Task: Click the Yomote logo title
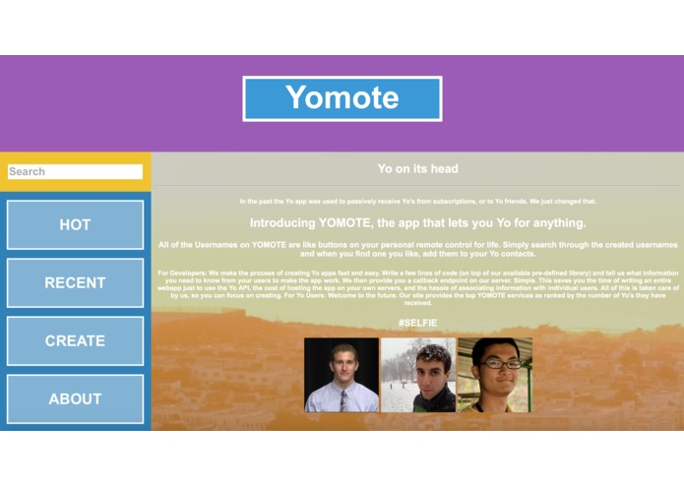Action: (342, 98)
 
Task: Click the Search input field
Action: (75, 171)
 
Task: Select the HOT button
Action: (75, 225)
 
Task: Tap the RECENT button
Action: (75, 283)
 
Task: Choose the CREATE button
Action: (75, 341)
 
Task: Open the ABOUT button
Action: (75, 399)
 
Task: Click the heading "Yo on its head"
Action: (417, 169)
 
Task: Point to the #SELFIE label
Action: (417, 323)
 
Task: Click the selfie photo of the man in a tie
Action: (341, 375)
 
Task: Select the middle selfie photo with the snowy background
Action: (418, 375)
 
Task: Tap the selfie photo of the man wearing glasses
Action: (494, 375)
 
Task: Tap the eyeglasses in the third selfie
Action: (495, 363)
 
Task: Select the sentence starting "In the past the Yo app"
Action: (417, 202)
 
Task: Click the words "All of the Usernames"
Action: (197, 244)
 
